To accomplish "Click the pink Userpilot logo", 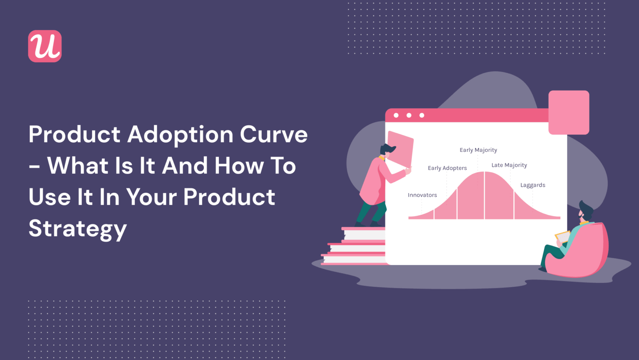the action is [45, 46].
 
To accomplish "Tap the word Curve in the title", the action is [274, 134].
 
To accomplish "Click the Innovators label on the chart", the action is [422, 195].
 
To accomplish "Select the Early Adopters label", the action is [447, 168].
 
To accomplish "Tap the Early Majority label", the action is [478, 150].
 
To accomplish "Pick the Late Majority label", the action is [509, 165].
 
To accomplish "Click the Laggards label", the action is [532, 185].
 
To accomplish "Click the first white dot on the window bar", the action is [396, 115].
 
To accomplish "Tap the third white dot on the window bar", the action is [421, 115].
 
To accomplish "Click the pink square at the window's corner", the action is [569, 112].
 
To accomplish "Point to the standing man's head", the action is [387, 150].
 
